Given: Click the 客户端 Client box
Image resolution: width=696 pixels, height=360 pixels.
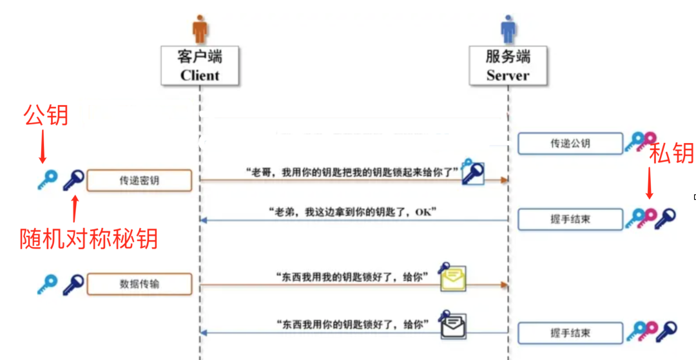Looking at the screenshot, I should tap(200, 66).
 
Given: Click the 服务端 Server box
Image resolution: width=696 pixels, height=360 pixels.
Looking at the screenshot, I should tap(508, 66).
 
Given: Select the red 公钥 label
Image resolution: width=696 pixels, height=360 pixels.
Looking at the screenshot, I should tap(46, 115).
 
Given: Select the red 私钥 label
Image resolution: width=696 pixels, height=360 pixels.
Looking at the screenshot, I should tap(671, 153).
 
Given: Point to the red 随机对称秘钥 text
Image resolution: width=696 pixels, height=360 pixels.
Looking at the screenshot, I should tap(89, 239).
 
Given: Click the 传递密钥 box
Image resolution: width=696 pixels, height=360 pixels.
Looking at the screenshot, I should tap(139, 181).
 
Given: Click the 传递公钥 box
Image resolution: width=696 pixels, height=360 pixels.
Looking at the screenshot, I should tap(570, 144).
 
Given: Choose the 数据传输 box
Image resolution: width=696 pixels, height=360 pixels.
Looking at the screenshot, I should tap(139, 283).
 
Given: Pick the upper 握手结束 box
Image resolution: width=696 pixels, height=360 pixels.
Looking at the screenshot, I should tap(570, 219).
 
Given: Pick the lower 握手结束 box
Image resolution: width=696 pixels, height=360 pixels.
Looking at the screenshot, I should tap(570, 333).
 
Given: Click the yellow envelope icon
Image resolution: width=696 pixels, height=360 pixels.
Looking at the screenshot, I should tap(453, 278).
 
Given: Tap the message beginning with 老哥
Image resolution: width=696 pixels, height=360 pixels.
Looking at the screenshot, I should tap(352, 173).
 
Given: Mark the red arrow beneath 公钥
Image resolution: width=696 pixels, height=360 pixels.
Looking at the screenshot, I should tap(43, 147).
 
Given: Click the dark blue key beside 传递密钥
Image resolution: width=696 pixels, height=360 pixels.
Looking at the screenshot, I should tap(73, 180).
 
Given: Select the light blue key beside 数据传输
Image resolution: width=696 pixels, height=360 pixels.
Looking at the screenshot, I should tap(47, 283).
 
